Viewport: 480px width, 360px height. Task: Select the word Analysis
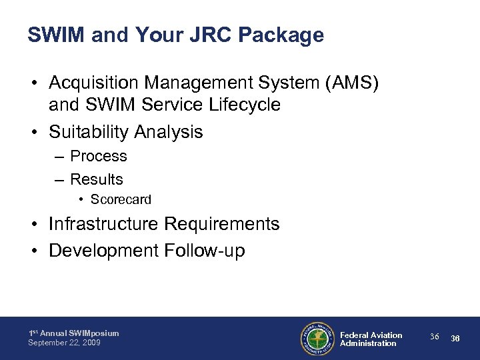169,132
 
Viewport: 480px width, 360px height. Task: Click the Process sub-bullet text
99,156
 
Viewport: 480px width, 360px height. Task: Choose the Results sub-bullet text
97,179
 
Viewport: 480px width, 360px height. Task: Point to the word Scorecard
121,199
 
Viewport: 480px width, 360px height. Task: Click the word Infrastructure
103,224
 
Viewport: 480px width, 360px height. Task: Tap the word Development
103,251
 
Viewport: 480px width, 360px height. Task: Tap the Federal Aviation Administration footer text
371,339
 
